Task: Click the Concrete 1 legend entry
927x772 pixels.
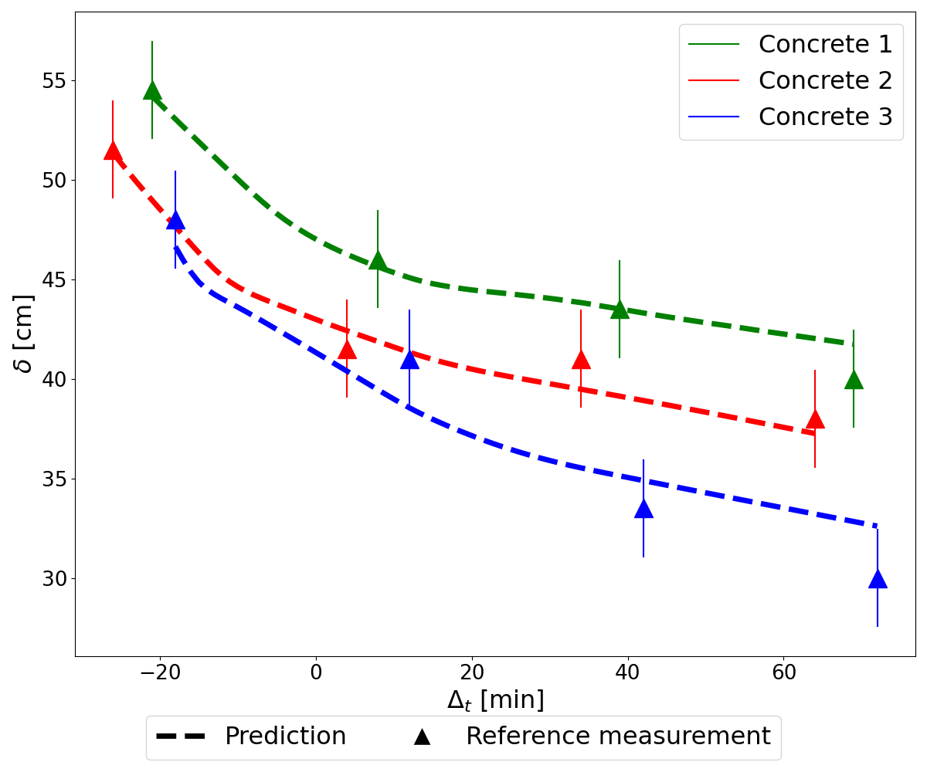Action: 824,44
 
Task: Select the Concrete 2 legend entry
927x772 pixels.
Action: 824,80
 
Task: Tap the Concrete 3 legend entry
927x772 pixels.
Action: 824,117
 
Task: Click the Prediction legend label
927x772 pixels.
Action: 284,736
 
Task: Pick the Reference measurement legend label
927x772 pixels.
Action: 617,736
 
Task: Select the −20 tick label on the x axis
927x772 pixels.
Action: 159,672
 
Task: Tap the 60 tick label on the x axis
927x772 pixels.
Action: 783,672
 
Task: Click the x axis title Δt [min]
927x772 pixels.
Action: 495,700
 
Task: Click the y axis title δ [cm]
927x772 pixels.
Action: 25,334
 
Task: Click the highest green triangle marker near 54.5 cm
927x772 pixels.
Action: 152,90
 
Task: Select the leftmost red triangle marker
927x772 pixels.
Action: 113,151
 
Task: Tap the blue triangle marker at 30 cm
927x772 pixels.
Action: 878,579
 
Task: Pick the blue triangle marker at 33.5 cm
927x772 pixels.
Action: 643,509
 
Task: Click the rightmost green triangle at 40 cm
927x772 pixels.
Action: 854,379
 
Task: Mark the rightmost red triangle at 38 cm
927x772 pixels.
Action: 815,419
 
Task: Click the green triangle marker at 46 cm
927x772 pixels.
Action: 378,260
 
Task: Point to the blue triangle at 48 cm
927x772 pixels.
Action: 175,220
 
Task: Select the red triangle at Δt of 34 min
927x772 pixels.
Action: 581,359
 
